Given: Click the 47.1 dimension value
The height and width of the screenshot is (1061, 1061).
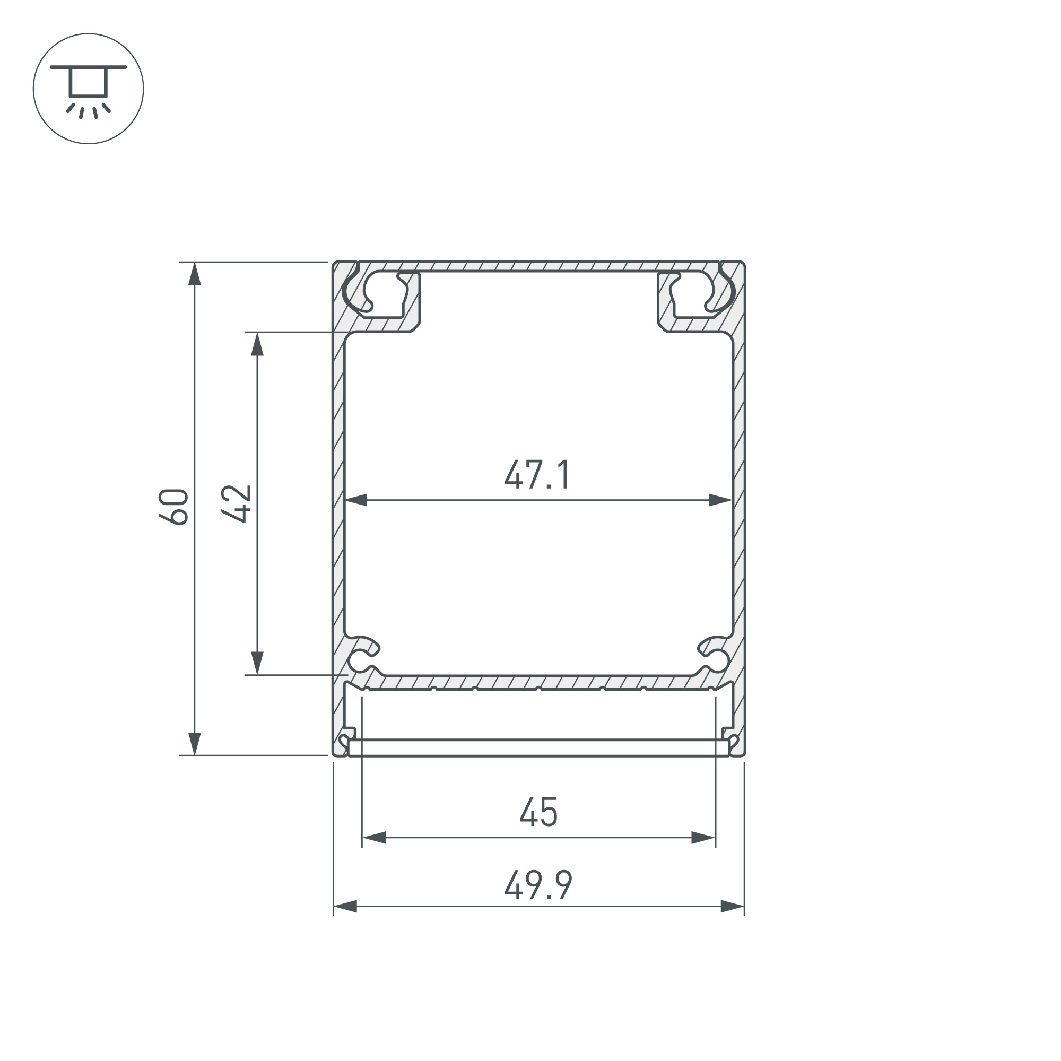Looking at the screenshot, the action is [x=537, y=475].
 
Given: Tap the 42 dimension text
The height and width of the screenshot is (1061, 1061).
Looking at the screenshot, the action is [x=237, y=503].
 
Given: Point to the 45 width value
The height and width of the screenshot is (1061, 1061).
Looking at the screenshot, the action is [x=539, y=813].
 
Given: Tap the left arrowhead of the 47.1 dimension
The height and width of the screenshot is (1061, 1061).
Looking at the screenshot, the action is [x=356, y=500].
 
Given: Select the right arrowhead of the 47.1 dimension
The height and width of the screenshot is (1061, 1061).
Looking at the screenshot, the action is [x=720, y=500].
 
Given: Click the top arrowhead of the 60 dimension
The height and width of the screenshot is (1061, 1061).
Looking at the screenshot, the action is [x=194, y=274].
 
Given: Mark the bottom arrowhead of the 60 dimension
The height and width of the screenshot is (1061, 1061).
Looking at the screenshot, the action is [x=194, y=744].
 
